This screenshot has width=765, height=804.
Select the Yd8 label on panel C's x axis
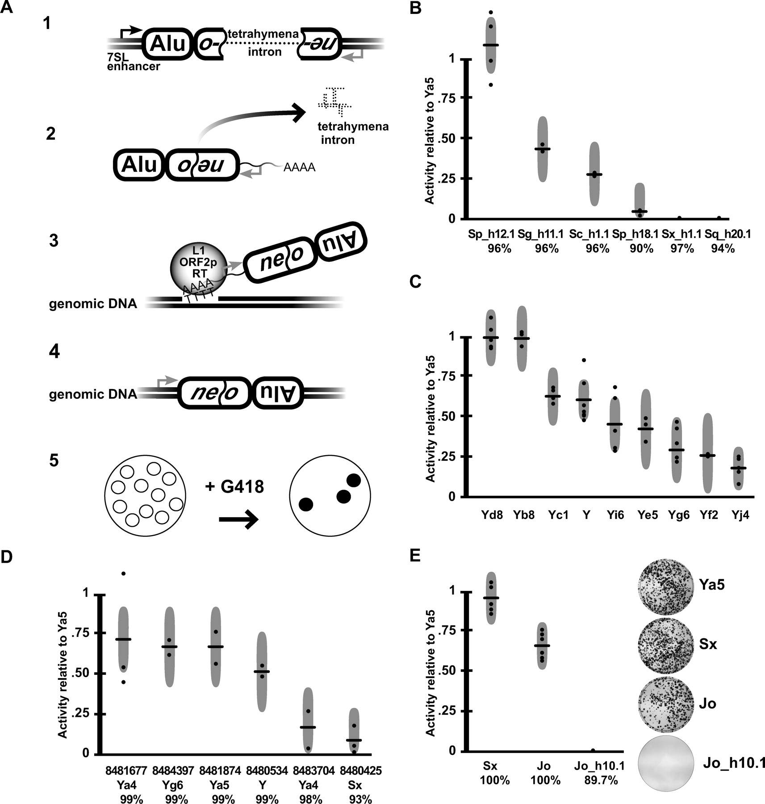pos(492,515)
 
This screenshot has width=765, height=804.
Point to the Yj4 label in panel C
pos(740,515)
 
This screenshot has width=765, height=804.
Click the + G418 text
pos(235,486)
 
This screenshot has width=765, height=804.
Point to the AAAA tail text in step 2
pos(300,167)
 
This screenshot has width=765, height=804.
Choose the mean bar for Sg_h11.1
pos(543,149)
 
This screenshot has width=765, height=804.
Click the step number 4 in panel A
pos(54,352)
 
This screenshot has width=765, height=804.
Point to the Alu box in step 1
pos(168,44)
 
